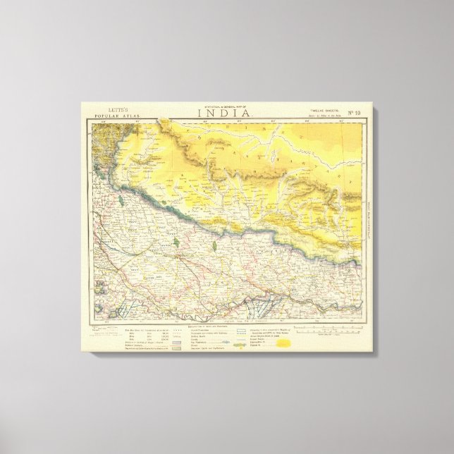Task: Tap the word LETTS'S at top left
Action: [x=106, y=109]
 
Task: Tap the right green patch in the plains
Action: [x=213, y=246]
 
